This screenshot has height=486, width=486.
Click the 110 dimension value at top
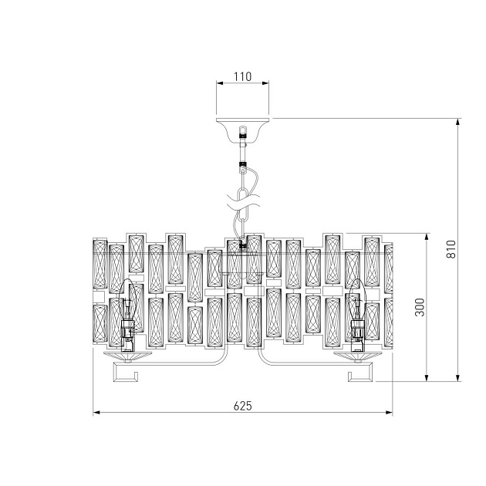(x=243, y=78)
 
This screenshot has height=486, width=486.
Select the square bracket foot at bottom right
(x=359, y=374)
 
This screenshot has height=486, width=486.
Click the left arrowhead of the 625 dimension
(x=96, y=413)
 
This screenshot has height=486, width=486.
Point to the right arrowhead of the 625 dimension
(x=390, y=413)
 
